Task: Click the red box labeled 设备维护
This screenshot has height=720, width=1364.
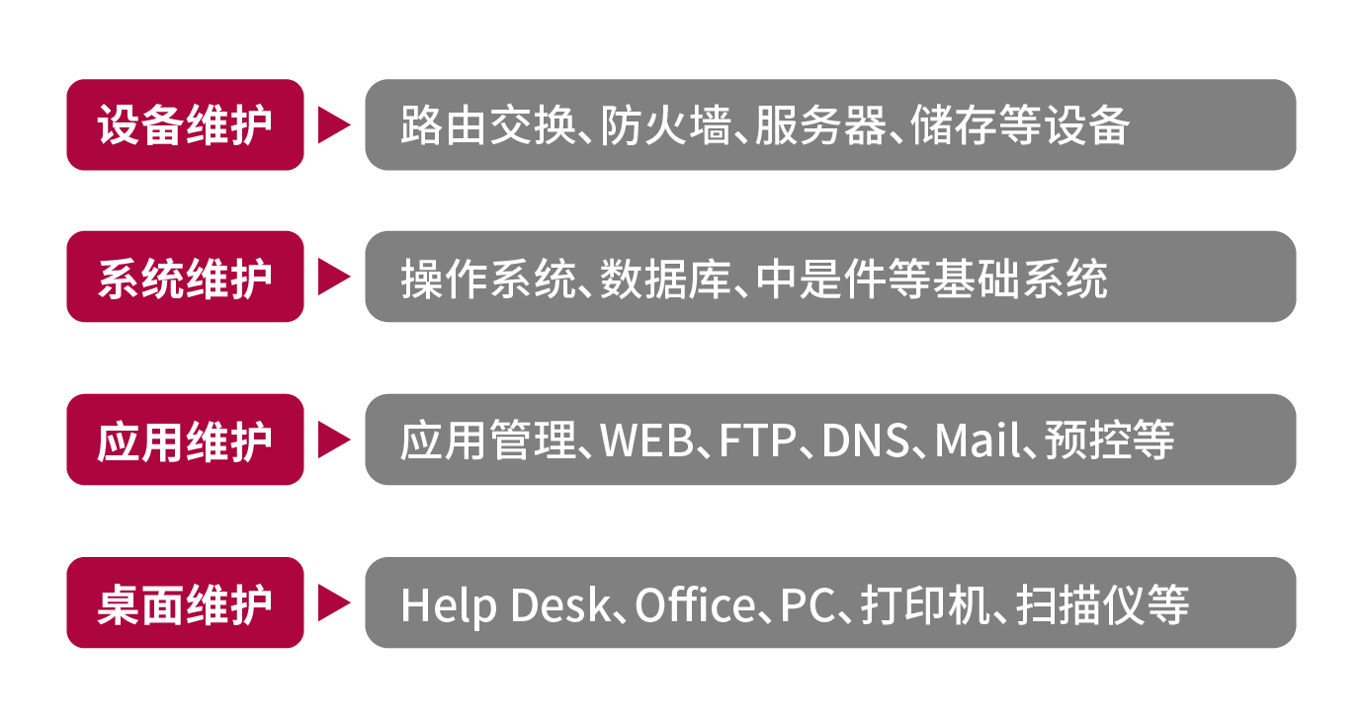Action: [185, 124]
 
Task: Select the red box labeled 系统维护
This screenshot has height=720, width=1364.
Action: [185, 277]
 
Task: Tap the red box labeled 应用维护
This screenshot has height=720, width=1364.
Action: [185, 440]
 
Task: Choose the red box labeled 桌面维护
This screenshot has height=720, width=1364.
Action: [185, 602]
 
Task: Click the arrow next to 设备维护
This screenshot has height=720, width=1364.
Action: [334, 124]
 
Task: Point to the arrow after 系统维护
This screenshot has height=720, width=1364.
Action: [334, 277]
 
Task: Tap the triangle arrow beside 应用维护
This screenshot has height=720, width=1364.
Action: [334, 440]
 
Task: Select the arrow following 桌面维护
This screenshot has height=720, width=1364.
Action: [334, 602]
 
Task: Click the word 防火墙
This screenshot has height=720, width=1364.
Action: [665, 125]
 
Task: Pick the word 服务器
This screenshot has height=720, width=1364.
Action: [820, 125]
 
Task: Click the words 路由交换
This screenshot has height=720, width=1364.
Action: [487, 125]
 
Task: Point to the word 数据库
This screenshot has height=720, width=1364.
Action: [665, 279]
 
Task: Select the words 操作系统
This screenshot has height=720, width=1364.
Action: [487, 279]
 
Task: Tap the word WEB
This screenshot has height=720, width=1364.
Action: [646, 440]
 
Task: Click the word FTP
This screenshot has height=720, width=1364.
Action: [757, 440]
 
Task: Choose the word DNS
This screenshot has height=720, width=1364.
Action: [865, 440]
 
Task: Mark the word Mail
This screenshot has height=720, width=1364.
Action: [978, 440]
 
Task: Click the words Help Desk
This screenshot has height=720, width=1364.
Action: [505, 605]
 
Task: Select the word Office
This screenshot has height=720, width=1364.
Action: [695, 604]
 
